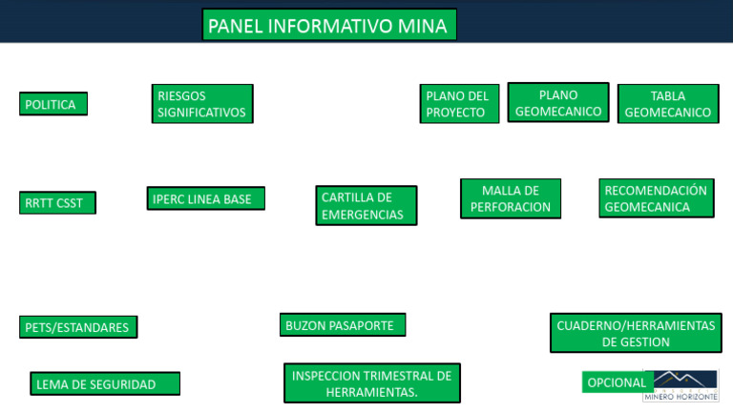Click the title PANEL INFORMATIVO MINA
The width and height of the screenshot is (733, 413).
point(329,26)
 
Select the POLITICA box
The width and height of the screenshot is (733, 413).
point(53,104)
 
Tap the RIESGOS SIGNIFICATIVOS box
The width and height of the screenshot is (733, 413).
point(202,104)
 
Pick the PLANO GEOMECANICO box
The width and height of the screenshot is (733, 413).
point(558,103)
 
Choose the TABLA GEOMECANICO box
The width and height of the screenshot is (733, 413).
point(668,104)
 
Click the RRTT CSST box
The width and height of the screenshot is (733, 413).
point(57,202)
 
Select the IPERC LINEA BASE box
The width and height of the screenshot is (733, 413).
point(205,198)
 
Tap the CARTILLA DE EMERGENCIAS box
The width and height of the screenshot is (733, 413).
point(366,205)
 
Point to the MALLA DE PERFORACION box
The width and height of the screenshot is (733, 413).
point(511,198)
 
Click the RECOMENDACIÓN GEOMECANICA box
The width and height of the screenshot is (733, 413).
point(657,198)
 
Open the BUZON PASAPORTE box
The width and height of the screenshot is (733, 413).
point(343,324)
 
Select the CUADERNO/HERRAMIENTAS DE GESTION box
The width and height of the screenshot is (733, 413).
point(636,333)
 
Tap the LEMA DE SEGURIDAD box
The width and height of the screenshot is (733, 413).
point(105,383)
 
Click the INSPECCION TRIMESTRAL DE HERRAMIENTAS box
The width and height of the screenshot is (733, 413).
point(372,383)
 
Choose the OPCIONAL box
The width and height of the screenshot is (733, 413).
point(616,382)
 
